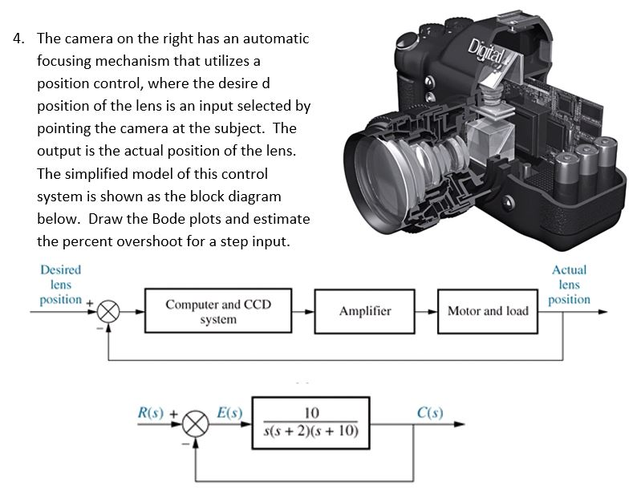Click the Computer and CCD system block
(x=217, y=311)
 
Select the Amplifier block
(x=364, y=311)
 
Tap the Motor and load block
(x=487, y=311)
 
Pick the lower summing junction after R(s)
(x=197, y=424)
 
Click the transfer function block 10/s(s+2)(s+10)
(x=311, y=423)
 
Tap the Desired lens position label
(x=60, y=285)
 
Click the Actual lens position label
(x=569, y=285)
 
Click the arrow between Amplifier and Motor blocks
(x=427, y=311)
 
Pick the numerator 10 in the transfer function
(x=311, y=413)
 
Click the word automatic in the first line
(x=269, y=38)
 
